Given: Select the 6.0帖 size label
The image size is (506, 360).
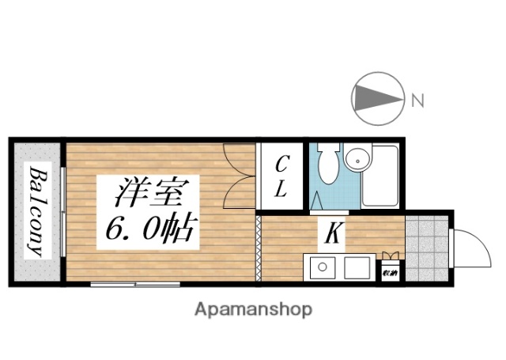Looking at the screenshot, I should click(149, 229).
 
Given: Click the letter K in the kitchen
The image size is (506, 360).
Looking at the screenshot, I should click(333, 233).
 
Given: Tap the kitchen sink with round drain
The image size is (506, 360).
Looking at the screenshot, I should click(323, 267).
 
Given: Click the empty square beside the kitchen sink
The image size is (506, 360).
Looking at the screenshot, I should click(356, 268).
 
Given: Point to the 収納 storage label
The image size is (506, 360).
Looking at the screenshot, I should click(390, 274).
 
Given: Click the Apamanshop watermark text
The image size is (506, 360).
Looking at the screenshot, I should click(253, 309).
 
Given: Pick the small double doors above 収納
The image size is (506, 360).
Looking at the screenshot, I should click(390, 256).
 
